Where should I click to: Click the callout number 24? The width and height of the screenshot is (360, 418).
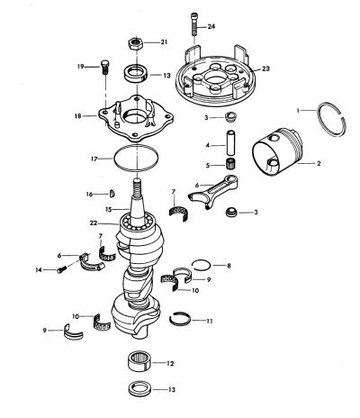pyautogui.click(x=211, y=26)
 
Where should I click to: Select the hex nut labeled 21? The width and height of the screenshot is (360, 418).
pyautogui.click(x=136, y=43)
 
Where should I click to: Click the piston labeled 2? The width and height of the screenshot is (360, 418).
pyautogui.click(x=277, y=151)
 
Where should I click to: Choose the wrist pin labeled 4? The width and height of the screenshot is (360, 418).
pyautogui.click(x=230, y=142)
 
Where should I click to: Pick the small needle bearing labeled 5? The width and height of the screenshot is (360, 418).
pyautogui.click(x=230, y=164)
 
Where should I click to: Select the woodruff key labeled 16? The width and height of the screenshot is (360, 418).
pyautogui.click(x=112, y=194)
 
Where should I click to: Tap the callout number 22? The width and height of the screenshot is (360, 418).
pyautogui.click(x=94, y=223)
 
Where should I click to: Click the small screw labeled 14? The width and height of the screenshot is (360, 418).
pyautogui.click(x=61, y=269)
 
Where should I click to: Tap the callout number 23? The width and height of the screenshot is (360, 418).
pyautogui.click(x=265, y=68)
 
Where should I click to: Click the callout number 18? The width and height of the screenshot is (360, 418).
pyautogui.click(x=78, y=115)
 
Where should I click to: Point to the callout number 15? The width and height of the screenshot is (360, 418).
pyautogui.click(x=109, y=209)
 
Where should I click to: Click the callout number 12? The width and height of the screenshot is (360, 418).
pyautogui.click(x=170, y=364)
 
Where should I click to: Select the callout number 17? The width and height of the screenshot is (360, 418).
pyautogui.click(x=94, y=159)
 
